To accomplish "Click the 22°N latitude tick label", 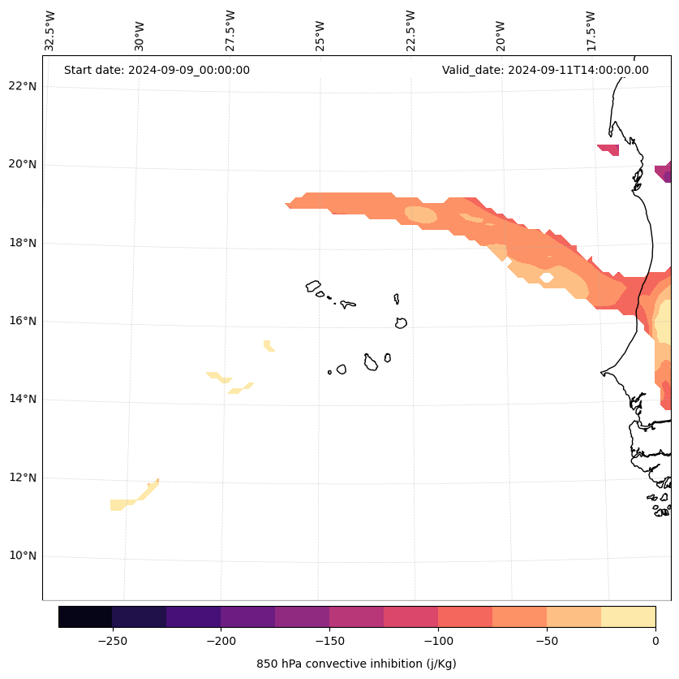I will pyautogui.click(x=23, y=86).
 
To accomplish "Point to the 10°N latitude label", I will pyautogui.click(x=23, y=556).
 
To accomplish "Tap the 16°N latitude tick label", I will pyautogui.click(x=23, y=321).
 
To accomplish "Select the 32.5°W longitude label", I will pyautogui.click(x=49, y=31).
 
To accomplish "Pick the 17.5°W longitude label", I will pyautogui.click(x=591, y=31).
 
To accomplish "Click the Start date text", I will pyautogui.click(x=157, y=70).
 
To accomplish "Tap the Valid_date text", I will pyautogui.click(x=545, y=70).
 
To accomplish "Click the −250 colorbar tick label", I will pyautogui.click(x=112, y=641).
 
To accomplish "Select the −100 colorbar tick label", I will pyautogui.click(x=438, y=641).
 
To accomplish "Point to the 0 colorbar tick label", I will pyautogui.click(x=655, y=641).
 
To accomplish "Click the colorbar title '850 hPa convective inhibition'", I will pyautogui.click(x=356, y=664).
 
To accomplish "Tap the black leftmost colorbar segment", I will pyautogui.click(x=85, y=616).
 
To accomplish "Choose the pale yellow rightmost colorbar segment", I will pyautogui.click(x=628, y=616).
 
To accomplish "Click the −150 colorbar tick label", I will pyautogui.click(x=329, y=641).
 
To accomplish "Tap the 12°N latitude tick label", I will pyautogui.click(x=23, y=478).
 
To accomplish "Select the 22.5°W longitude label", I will pyautogui.click(x=410, y=31).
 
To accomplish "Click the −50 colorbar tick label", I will pyautogui.click(x=547, y=641).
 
